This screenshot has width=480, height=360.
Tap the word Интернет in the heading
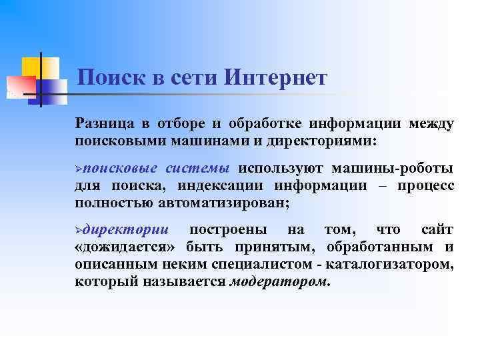276,78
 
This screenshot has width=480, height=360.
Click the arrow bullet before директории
78,230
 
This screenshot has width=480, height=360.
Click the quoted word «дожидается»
117,247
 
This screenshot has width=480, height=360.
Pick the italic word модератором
279,282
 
